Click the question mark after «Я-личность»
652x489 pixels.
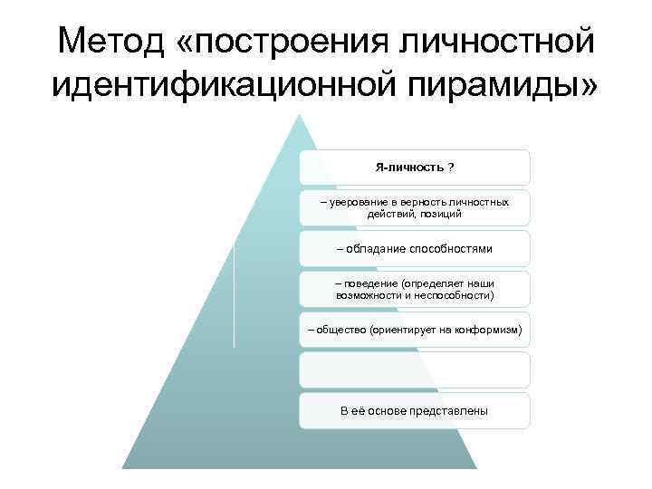[x=452, y=168]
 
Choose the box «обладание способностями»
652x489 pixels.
[x=415, y=247]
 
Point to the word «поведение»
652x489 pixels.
[x=366, y=283]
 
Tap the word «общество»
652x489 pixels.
[x=339, y=331]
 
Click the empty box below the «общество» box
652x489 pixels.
[x=415, y=370]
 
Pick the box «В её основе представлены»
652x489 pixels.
[x=415, y=410]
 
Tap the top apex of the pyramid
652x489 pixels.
[x=298, y=115]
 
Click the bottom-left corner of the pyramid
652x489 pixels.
[x=124, y=467]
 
